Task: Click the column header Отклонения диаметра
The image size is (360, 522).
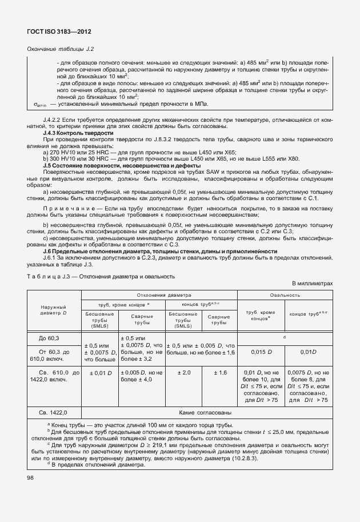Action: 159,295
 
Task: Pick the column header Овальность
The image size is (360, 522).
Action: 285,295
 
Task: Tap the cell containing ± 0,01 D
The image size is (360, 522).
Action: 99,373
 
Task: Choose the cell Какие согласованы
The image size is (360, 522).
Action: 205,412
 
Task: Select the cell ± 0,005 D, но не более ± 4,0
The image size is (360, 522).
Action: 142,376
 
